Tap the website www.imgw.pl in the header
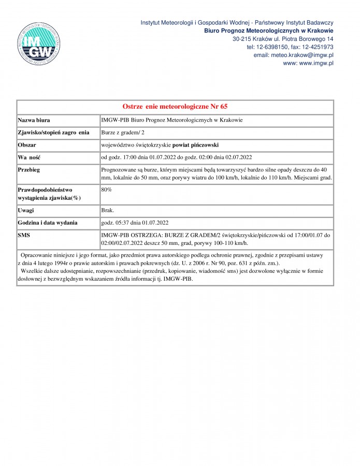308,63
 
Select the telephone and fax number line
290,47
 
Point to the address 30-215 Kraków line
283,39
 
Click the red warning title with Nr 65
175,107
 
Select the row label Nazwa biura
34,120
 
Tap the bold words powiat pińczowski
194,145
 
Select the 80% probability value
107,190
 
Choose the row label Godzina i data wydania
48,223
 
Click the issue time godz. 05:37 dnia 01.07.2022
135,223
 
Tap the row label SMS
24,235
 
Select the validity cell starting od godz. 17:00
176,157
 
